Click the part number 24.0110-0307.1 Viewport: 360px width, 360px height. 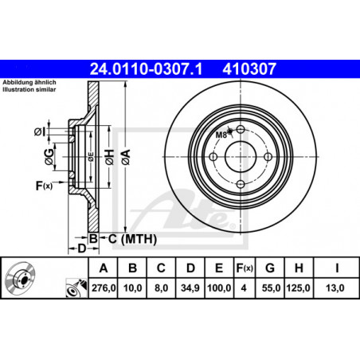coord(146,69)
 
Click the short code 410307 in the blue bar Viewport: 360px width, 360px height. coord(249,69)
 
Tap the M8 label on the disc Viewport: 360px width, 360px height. coord(221,135)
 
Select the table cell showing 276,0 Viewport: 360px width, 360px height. coord(104,288)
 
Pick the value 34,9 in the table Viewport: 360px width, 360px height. coord(190,288)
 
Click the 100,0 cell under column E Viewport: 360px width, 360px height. coord(219,288)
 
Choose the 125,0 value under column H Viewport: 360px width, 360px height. coord(298,288)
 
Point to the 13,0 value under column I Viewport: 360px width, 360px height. coord(335,288)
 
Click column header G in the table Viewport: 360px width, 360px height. coord(270,268)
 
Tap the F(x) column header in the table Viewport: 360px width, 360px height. coord(245,268)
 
